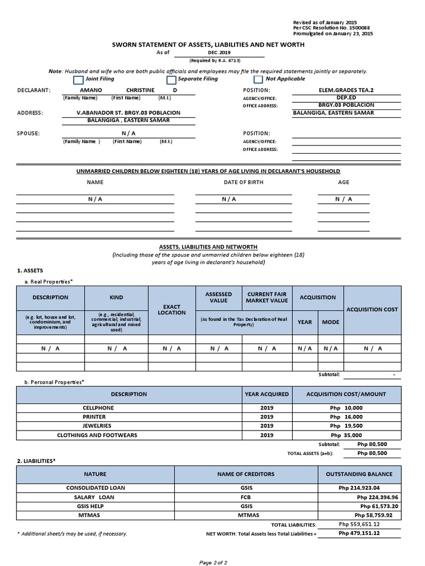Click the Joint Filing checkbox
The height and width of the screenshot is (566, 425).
point(78,80)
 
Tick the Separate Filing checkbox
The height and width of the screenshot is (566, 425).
point(171,80)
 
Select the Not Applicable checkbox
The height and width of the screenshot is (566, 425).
point(258,80)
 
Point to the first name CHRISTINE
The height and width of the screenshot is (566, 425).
point(140,90)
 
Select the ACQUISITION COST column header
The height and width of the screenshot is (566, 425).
point(372,310)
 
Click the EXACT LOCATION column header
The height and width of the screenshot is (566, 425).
point(172,309)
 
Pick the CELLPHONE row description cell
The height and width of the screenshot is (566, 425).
point(97,407)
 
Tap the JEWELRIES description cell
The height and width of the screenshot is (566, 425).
point(97,426)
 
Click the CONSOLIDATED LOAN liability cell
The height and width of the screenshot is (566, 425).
point(96,488)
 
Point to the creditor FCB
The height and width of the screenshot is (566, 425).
point(246,497)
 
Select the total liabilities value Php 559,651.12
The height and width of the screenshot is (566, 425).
point(359,524)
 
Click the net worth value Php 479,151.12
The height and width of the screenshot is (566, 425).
point(359,533)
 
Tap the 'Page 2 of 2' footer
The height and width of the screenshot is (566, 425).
point(213,562)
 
